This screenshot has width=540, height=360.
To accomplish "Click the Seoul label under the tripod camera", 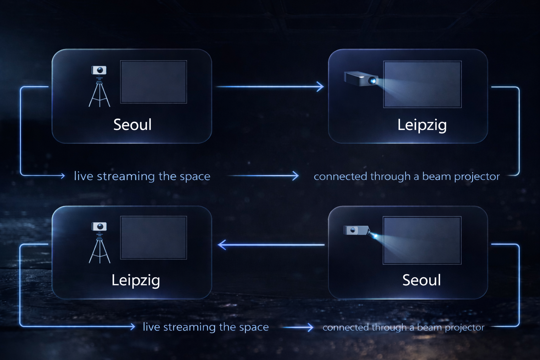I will pyautogui.click(x=132, y=125).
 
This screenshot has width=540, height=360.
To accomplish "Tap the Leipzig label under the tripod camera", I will pyautogui.click(x=136, y=281).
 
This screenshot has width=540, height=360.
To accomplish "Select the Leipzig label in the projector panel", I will pyautogui.click(x=422, y=125).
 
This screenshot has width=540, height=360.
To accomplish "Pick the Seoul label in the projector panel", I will pyautogui.click(x=422, y=280).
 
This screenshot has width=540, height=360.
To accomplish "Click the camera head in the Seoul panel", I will pyautogui.click(x=99, y=70).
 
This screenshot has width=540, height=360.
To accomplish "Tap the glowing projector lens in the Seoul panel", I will pyautogui.click(x=375, y=236).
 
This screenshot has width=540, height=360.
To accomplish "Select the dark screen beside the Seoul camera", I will pyautogui.click(x=153, y=82).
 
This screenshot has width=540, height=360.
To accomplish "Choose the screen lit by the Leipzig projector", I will pyautogui.click(x=422, y=84).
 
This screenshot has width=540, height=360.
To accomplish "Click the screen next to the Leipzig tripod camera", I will pyautogui.click(x=153, y=238).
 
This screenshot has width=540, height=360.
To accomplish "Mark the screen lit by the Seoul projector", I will pyautogui.click(x=422, y=240).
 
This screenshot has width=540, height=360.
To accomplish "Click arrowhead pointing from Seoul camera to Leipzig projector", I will pyautogui.click(x=320, y=86).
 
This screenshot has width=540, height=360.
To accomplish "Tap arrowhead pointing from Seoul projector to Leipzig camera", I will pyautogui.click(x=221, y=245).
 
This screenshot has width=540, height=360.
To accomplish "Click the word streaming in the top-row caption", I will pyautogui.click(x=126, y=176).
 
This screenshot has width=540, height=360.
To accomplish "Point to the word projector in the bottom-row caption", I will pyautogui.click(x=464, y=328).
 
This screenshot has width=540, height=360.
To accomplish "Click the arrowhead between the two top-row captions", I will pyautogui.click(x=295, y=175).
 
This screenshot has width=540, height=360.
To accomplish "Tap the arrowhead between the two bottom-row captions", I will pyautogui.click(x=310, y=327).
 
